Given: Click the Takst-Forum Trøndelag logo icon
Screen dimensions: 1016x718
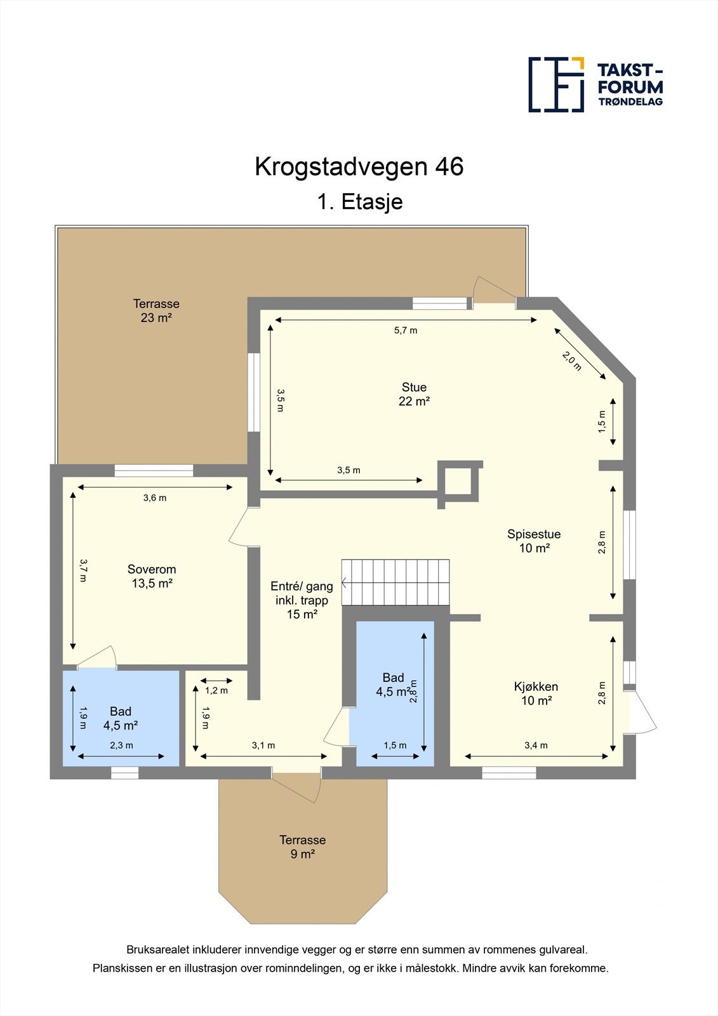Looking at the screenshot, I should pos(556,84).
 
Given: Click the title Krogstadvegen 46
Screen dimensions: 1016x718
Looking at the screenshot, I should pos(359,166).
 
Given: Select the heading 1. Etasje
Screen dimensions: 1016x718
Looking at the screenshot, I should pos(359,202).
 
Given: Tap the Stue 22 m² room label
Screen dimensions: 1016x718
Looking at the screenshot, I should pos(414,394).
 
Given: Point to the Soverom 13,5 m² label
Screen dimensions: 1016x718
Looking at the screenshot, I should pos(152,577).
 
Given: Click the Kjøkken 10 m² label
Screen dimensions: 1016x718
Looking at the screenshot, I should pos(536,693).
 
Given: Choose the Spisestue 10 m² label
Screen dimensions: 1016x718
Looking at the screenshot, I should pos(534,541).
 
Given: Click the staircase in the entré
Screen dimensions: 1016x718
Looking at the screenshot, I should pos(396,582).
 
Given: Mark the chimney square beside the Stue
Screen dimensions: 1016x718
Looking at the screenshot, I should pos(460,481).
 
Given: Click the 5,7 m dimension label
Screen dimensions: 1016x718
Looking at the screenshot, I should pos(406,330).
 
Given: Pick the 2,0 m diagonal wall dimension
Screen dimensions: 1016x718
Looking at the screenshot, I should pos(571,360).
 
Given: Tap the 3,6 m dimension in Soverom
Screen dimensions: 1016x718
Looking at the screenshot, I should pos(155,498).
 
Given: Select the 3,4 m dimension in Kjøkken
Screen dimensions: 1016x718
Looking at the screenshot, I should pos(536,745).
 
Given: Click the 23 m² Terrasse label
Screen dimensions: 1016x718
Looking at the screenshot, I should pos(156,311).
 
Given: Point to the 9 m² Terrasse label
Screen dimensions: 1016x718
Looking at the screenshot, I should pos(303,847).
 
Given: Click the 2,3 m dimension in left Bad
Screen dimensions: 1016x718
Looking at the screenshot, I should pos(121,745).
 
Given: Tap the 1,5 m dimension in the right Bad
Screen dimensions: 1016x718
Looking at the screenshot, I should pos(395,745).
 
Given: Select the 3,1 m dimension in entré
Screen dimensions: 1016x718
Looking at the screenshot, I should pos(263,745).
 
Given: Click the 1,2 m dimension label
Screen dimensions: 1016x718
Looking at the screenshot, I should pos(216,690).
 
